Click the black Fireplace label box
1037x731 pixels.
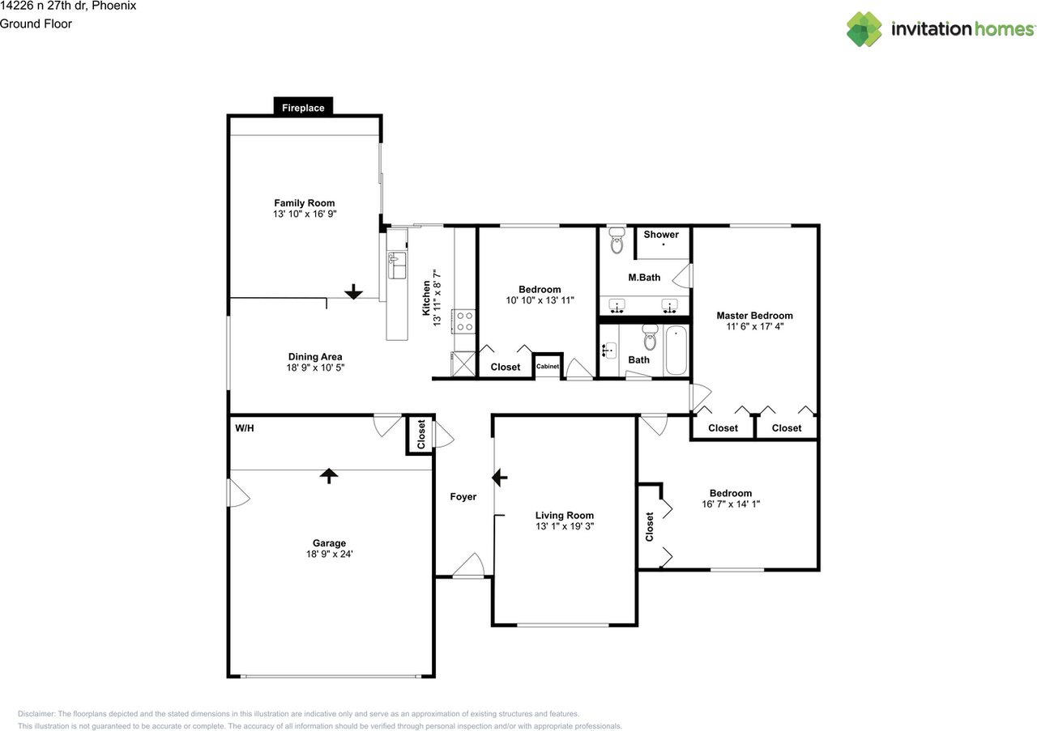[303, 107]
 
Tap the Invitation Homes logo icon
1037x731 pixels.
[864, 29]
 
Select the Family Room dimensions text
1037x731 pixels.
[304, 215]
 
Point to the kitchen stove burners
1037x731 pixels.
[464, 321]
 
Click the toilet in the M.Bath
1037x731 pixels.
[617, 240]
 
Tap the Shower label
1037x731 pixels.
[661, 235]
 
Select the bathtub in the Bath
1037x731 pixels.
[676, 351]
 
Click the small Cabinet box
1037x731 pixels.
[547, 367]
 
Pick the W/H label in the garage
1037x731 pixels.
[244, 427]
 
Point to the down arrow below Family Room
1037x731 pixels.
[353, 291]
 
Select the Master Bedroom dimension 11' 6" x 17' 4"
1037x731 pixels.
[754, 327]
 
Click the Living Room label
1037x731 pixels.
[564, 515]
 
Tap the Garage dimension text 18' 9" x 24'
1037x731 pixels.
[329, 555]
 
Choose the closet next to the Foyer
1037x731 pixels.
[420, 435]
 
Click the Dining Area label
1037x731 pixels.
[315, 356]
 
